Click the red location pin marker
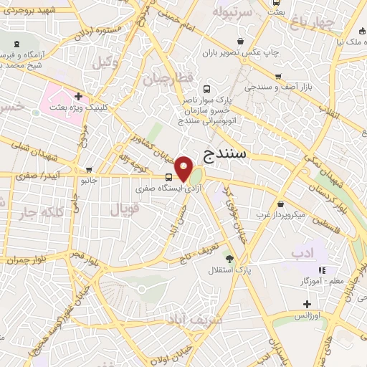184,168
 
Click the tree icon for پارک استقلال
229,259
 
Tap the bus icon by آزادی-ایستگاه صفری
168,177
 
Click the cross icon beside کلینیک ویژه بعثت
78,96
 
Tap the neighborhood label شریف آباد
184,318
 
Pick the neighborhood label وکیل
105,62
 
